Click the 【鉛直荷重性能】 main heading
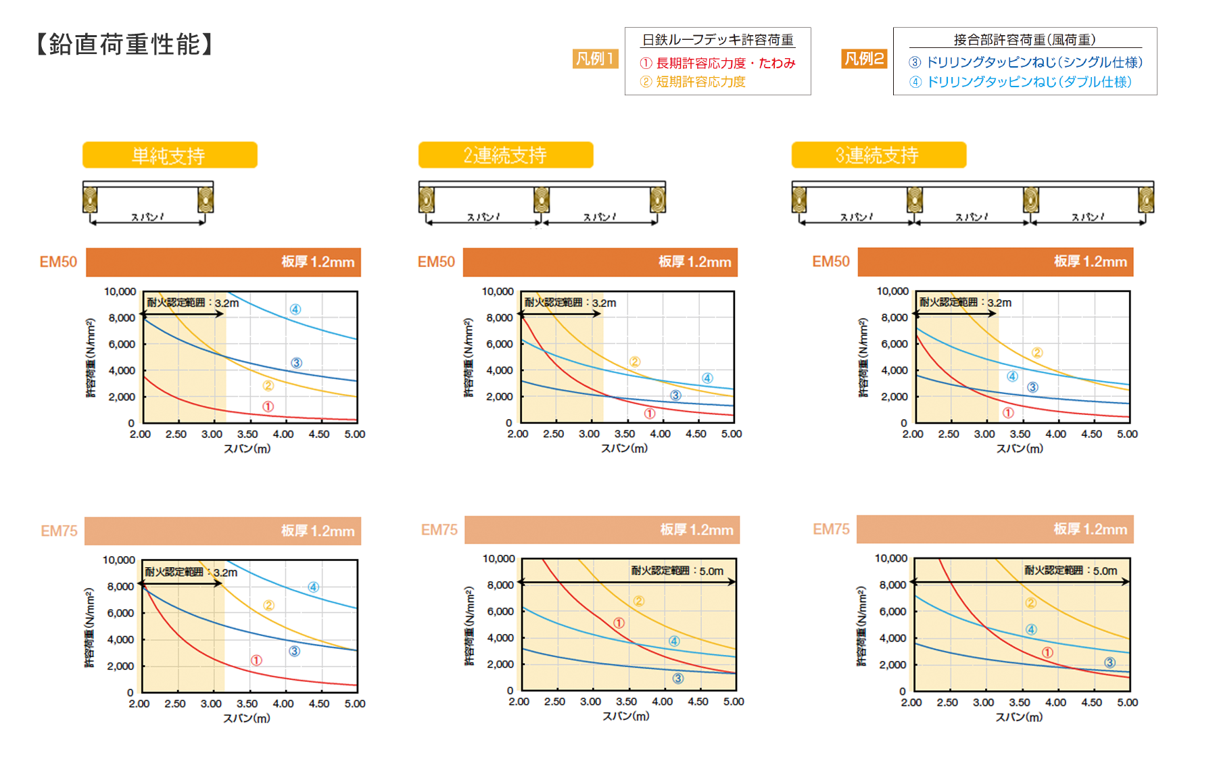pyautogui.click(x=124, y=45)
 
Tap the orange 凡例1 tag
pyautogui.click(x=595, y=59)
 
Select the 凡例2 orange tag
pyautogui.click(x=864, y=59)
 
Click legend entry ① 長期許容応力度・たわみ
pyautogui.click(x=717, y=64)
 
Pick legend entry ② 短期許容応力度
pyautogui.click(x=693, y=82)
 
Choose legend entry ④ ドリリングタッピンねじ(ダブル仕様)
pyautogui.click(x=1020, y=82)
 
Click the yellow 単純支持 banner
pyautogui.click(x=170, y=155)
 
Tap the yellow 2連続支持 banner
pyautogui.click(x=505, y=155)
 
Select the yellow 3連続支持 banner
pyautogui.click(x=878, y=155)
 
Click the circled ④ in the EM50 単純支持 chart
pyautogui.click(x=295, y=310)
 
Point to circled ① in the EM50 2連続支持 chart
pyautogui.click(x=650, y=414)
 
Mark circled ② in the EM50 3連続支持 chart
pyautogui.click(x=1037, y=353)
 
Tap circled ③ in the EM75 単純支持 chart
pyautogui.click(x=295, y=652)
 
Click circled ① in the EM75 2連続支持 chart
pyautogui.click(x=619, y=623)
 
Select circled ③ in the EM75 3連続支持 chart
pyautogui.click(x=1110, y=662)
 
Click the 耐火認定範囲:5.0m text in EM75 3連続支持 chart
pyautogui.click(x=1070, y=570)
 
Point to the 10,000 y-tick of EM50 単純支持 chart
pyautogui.click(x=120, y=291)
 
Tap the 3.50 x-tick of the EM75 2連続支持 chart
pyautogui.click(x=626, y=702)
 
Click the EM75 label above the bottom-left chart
pyautogui.click(x=59, y=531)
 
